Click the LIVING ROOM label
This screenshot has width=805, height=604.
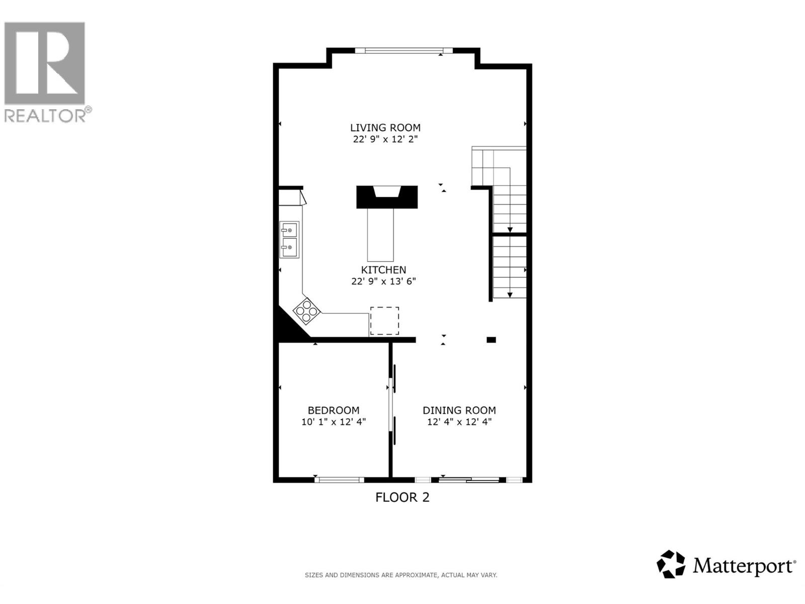[x=385, y=128]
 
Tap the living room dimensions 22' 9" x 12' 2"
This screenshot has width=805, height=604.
[x=385, y=139]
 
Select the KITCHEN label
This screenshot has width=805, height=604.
[x=383, y=270]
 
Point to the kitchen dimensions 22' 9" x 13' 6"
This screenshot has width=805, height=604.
[x=383, y=281]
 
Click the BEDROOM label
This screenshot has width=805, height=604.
[x=334, y=410]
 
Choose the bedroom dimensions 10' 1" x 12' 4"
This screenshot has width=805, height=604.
[x=334, y=422]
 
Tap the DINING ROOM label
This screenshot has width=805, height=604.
[x=459, y=410]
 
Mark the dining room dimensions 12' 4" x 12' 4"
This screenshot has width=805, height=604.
[x=459, y=422]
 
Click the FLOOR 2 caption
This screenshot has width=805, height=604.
[x=403, y=497]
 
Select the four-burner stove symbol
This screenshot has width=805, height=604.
[x=306, y=310]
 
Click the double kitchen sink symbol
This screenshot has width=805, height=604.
[x=289, y=239]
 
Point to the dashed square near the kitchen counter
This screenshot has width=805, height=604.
[x=384, y=321]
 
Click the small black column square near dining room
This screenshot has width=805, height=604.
[x=491, y=340]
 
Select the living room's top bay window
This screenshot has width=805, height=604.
[x=404, y=50]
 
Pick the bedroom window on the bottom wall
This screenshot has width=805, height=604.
[x=339, y=480]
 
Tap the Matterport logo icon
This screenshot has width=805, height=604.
[x=671, y=564]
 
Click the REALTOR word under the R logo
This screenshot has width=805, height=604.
[x=45, y=116]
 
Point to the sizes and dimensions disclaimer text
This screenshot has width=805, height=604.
[x=401, y=575]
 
